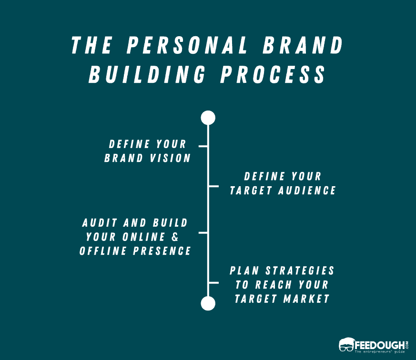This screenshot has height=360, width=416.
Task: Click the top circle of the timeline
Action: (x=208, y=118)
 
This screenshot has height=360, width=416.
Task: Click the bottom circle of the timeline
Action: (x=208, y=303)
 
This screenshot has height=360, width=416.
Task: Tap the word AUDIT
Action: (x=101, y=223)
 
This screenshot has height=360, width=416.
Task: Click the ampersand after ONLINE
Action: (x=185, y=237)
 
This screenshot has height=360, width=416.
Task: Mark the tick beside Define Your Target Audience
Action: (x=213, y=186)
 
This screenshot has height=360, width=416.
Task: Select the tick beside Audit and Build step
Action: (x=203, y=233)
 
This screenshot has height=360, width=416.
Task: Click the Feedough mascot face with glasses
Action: (x=347, y=345)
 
